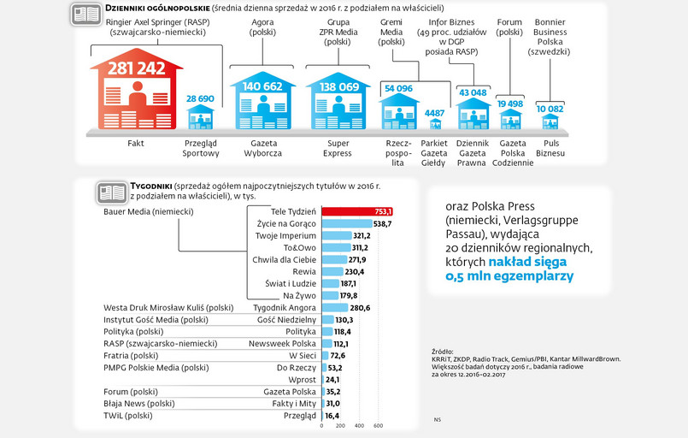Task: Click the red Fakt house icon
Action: pos(136,94)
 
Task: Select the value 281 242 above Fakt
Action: pos(136,69)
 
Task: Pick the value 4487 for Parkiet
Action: pos(434,113)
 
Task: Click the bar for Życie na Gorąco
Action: pos(347,223)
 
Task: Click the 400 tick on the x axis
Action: pos(359,425)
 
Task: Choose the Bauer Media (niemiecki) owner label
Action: pos(147,211)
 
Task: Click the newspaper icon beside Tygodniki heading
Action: pos(111,191)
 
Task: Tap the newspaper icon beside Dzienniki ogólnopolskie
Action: pos(85,14)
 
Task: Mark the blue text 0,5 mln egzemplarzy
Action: pos(510,276)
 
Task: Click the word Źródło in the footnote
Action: pos(443,352)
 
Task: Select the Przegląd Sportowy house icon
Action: pos(200,117)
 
